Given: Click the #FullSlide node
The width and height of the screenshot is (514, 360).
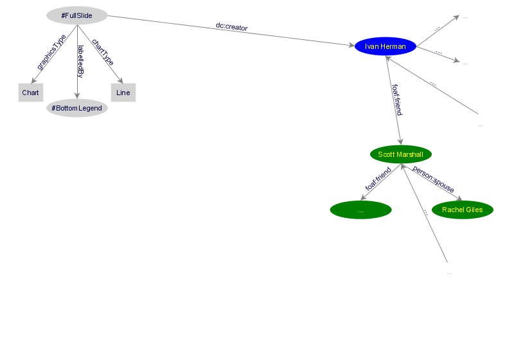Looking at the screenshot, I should [77, 15].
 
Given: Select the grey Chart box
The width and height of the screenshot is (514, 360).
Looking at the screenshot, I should [30, 93].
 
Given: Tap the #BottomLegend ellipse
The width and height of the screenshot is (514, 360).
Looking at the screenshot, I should [77, 108].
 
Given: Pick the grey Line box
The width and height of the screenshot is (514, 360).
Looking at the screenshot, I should [123, 93].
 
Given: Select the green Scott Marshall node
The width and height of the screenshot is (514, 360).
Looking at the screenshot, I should [401, 154].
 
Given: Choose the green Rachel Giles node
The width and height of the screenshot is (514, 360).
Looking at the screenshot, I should [463, 210].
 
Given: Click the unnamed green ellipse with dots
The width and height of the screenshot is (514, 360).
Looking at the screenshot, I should [360, 210].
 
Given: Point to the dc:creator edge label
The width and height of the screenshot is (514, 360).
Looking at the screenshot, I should [231, 27].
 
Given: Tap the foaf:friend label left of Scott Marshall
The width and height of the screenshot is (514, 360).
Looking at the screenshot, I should [378, 179].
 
